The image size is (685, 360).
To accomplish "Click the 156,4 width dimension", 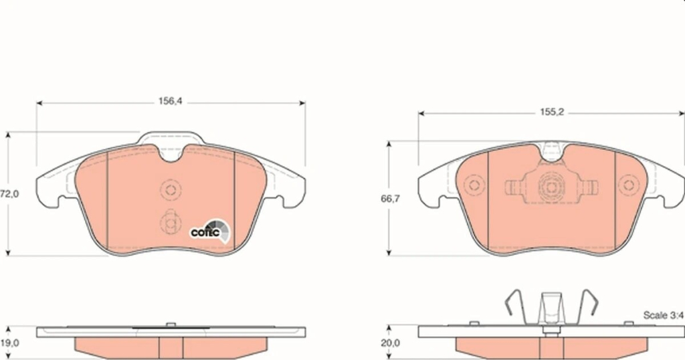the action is coord(170,101).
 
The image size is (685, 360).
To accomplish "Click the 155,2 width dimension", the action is coord(552,112).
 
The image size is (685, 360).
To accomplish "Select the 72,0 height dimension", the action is coord(9,194).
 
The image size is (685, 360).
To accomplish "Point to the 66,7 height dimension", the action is coord(390,198).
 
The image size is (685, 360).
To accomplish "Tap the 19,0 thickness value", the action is coord(9,343).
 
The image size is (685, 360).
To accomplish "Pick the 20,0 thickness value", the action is coord(390,343).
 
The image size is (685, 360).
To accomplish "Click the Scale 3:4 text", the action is coord(663,315).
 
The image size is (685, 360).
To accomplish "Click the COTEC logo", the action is coord(210,230).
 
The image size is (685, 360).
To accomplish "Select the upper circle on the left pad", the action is coord(171,189).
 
